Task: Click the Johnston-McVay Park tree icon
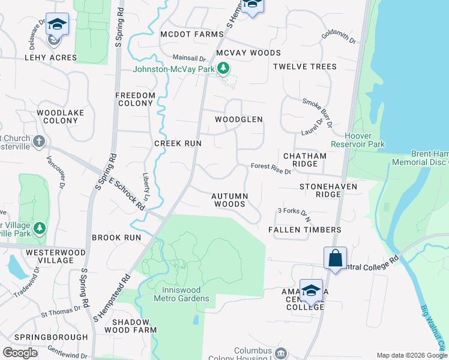[x=223, y=68]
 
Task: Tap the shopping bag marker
[x=336, y=258]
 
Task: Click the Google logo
[x=20, y=352]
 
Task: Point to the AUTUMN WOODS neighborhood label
[x=228, y=200]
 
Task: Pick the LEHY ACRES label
[x=50, y=58]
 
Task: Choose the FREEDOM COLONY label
[x=135, y=99]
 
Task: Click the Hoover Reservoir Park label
[x=358, y=140]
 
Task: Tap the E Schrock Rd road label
[x=125, y=192]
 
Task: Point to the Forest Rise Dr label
[x=270, y=169]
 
